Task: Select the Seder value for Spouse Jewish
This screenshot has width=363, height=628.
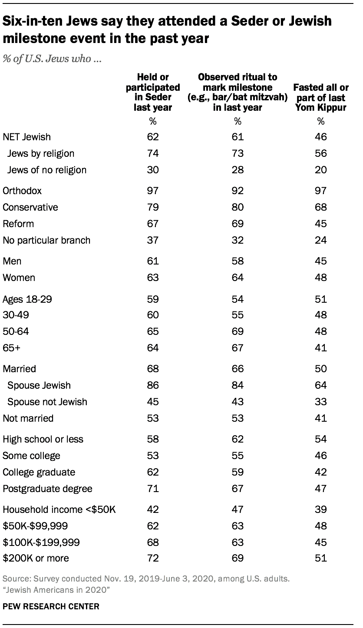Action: [x=152, y=385]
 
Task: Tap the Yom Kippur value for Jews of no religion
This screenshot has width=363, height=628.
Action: [x=321, y=170]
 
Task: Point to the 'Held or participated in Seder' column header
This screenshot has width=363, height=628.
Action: [x=152, y=92]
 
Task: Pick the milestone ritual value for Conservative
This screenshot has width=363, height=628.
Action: [x=238, y=207]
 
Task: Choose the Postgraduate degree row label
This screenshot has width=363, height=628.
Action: [x=47, y=489]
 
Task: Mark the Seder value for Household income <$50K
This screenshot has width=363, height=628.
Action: [x=152, y=509]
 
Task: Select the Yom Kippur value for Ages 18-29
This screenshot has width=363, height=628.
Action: [x=321, y=299]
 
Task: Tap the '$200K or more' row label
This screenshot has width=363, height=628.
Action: [x=36, y=558]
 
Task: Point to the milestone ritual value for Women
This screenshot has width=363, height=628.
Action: [x=238, y=278]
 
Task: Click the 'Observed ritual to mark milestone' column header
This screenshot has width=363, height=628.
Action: [x=238, y=92]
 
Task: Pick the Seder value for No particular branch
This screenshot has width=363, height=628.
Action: [x=152, y=240]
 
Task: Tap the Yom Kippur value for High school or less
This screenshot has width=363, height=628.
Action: [x=321, y=439]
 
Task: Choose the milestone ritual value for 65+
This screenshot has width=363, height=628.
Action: [x=238, y=348]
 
